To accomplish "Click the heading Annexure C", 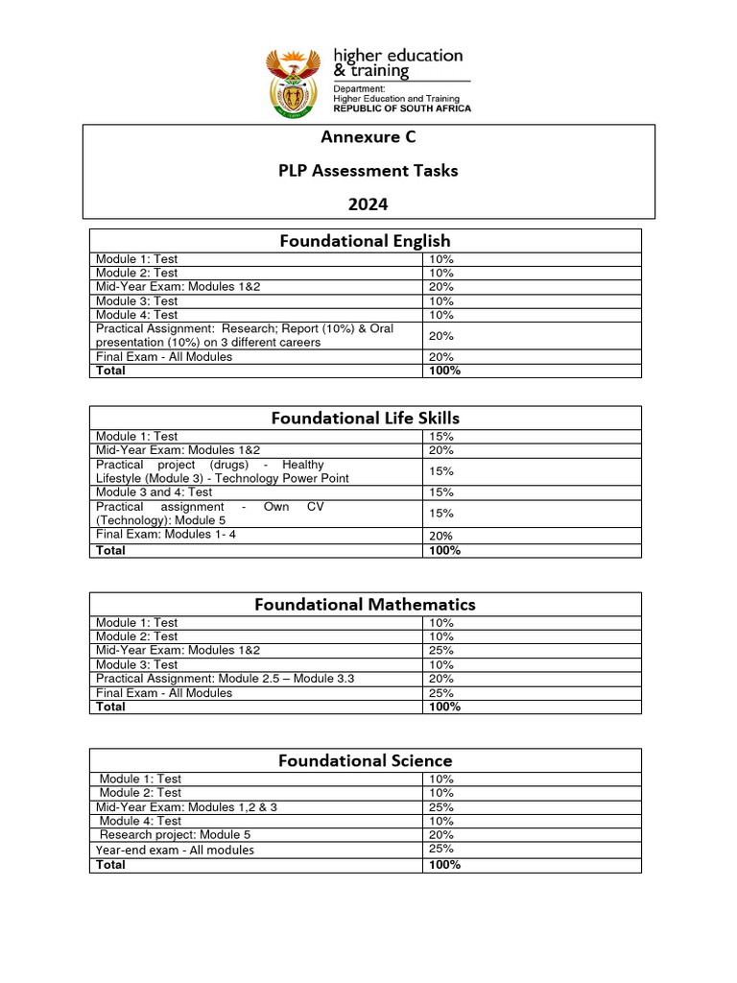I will pos(368,137).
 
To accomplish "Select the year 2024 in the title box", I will pos(368,204).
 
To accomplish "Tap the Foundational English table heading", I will pos(365,241).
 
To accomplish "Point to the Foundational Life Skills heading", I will pos(365,418).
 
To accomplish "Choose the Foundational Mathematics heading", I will pos(365,604).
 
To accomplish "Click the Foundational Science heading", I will pos(365,760).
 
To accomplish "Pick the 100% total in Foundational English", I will pos(445,371).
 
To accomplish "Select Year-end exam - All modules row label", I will pos(175,850).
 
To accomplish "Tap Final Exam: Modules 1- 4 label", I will pos(164,535).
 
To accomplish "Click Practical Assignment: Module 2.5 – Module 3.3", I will pos(225,679).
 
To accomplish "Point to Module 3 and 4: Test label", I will pos(154,492).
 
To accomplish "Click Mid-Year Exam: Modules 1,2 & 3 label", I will pos(186,807).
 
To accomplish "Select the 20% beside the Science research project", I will pos(441,835).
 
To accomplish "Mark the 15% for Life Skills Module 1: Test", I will pos(441,437).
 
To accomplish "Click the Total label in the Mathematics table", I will pos(110,707).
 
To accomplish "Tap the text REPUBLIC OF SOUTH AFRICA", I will pos(402,108).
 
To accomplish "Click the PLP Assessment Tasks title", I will pos(368,171).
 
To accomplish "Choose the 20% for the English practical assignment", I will pos(441,336).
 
